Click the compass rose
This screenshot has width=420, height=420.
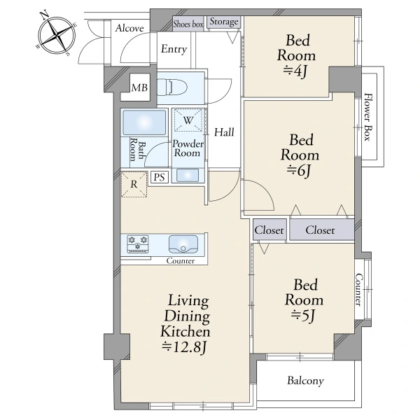57,34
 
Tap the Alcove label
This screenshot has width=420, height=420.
129,28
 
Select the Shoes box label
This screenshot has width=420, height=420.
188,24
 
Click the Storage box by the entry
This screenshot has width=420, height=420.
224,22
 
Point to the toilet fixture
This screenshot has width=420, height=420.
171,87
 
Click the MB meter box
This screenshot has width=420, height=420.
139,87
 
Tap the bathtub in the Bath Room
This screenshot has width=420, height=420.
144,122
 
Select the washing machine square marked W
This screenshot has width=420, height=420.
188,120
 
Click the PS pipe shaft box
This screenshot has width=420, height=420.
160,177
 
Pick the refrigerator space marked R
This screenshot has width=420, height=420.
134,184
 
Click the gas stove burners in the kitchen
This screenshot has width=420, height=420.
138,244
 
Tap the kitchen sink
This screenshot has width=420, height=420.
183,244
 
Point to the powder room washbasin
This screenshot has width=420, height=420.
188,176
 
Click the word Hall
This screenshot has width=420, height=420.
224,132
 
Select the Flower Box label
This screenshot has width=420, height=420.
369,117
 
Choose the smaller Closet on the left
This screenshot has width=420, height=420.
269,230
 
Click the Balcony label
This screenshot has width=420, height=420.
305,381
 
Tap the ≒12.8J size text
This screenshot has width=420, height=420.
184,347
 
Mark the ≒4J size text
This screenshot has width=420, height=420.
295,71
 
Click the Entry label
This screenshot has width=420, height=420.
174,49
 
